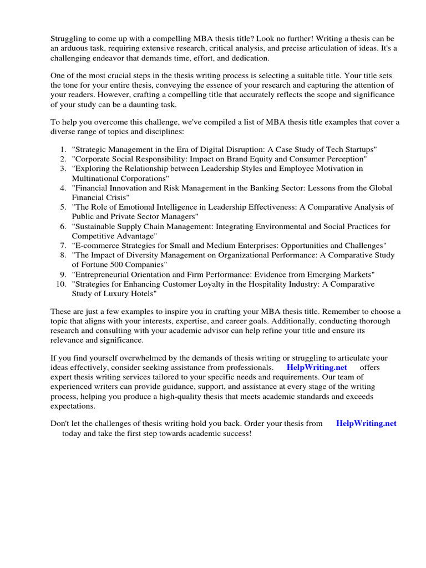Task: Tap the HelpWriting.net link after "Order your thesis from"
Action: [x=366, y=423]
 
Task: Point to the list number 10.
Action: [x=61, y=284]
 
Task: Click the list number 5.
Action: [x=63, y=207]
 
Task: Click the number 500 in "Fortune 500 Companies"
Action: [x=117, y=265]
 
